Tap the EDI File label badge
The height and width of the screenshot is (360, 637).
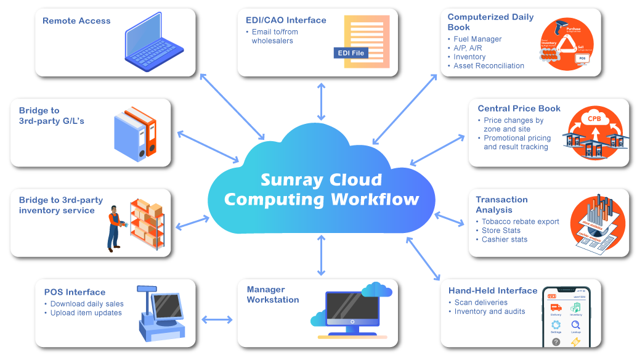point(351,53)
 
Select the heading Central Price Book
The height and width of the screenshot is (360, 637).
point(519,108)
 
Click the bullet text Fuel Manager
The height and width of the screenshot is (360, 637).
point(477,39)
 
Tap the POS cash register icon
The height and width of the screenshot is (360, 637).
point(159,313)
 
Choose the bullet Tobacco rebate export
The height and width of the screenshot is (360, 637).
point(520,221)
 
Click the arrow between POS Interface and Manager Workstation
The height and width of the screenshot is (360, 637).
point(217,319)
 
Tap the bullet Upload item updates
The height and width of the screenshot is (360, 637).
point(86,313)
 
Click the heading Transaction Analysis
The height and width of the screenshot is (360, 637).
point(501,205)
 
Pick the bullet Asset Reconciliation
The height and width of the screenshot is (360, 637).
point(489,65)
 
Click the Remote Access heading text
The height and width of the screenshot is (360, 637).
point(76,21)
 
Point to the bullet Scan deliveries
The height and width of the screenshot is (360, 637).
point(481,303)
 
